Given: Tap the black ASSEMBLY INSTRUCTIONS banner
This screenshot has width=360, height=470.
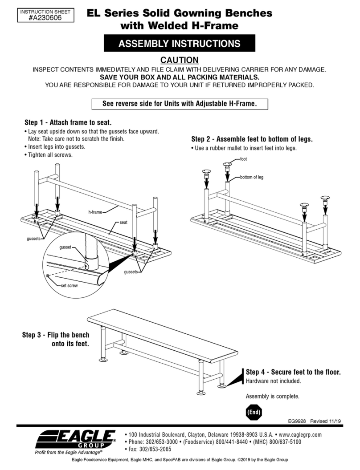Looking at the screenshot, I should click(179, 44).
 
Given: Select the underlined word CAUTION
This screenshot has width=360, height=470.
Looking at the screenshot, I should click(179, 60).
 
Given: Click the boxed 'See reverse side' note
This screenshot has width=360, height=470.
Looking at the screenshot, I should click(180, 104).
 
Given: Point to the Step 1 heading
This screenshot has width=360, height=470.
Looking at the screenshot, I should click(67, 122).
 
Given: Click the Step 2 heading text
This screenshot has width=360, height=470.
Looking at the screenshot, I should click(252, 139).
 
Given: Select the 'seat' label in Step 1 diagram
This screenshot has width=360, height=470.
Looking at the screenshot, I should click(123, 222).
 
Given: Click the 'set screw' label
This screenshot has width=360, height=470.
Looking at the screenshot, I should click(69, 285).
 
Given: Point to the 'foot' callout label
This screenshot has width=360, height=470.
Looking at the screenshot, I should click(244, 158).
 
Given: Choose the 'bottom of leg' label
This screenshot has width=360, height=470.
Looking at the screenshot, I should click(252, 177).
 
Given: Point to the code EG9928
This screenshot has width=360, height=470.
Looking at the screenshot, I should click(296, 420).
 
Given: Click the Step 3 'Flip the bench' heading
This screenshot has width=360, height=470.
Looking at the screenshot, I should click(56, 339).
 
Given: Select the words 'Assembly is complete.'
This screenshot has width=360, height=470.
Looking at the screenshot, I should click(272, 396).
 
